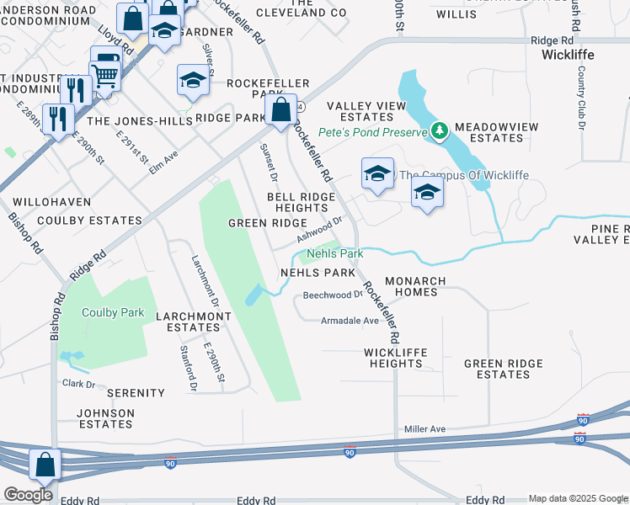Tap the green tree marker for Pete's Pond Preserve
tap(439, 130)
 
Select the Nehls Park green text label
tap(334, 253)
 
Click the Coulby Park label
tap(113, 312)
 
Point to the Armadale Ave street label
tap(350, 321)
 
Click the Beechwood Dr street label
tap(332, 295)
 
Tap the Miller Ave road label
tap(424, 429)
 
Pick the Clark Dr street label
tap(79, 384)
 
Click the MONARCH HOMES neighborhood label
tap(411, 286)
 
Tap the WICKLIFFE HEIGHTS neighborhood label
tap(395, 358)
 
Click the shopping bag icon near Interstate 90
tap(44, 465)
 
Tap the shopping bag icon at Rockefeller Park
tap(281, 109)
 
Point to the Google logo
tap(28, 495)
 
